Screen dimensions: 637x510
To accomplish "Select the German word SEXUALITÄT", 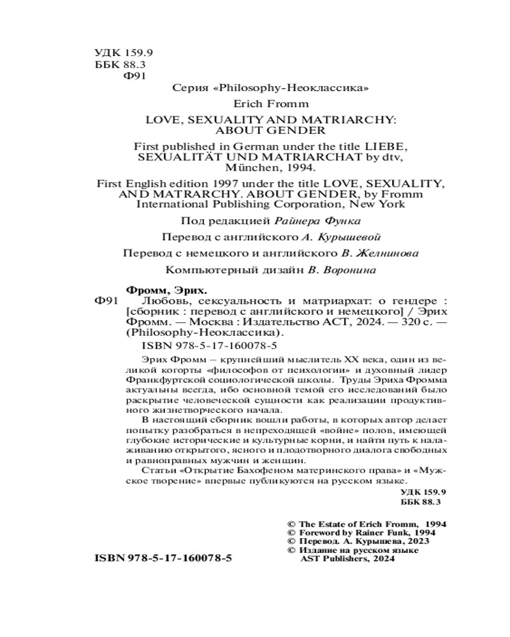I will coord(170,156).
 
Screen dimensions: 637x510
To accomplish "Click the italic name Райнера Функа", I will coord(316,221).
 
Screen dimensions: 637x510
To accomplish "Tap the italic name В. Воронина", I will coord(340,269).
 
